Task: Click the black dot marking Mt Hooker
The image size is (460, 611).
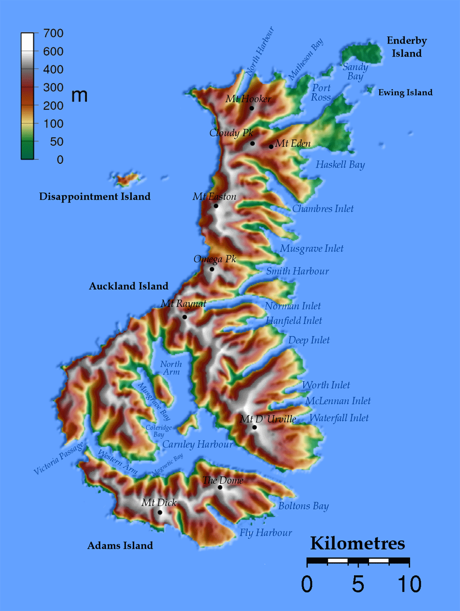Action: click(252, 108)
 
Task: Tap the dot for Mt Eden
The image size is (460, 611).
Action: click(271, 146)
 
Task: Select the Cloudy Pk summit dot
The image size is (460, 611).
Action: click(252, 144)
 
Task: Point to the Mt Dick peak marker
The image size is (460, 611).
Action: click(160, 512)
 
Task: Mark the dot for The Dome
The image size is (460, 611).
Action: click(220, 487)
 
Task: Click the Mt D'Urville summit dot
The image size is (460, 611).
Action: click(254, 427)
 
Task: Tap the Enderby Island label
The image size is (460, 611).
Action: click(407, 47)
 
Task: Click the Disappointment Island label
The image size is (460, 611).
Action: click(95, 197)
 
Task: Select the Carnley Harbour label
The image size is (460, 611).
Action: click(198, 444)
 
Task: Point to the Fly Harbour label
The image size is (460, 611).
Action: click(266, 533)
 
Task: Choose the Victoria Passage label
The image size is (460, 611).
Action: click(59, 457)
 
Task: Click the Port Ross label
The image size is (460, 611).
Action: click(321, 92)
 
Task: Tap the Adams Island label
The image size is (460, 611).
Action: click(120, 546)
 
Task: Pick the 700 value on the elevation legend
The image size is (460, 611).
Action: click(53, 34)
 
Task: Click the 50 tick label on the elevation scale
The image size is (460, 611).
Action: click(56, 142)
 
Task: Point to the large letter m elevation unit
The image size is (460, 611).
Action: click(79, 96)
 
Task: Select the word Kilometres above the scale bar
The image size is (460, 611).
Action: click(357, 543)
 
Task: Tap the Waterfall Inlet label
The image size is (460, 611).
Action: click(339, 418)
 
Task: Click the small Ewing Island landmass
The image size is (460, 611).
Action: click(370, 89)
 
